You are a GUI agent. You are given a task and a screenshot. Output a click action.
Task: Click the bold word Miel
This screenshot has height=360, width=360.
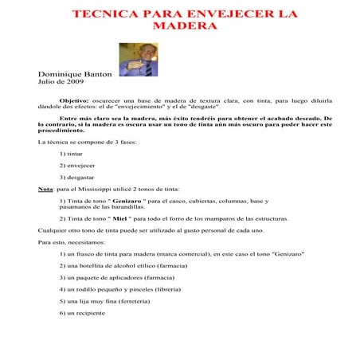coord(121,217)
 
